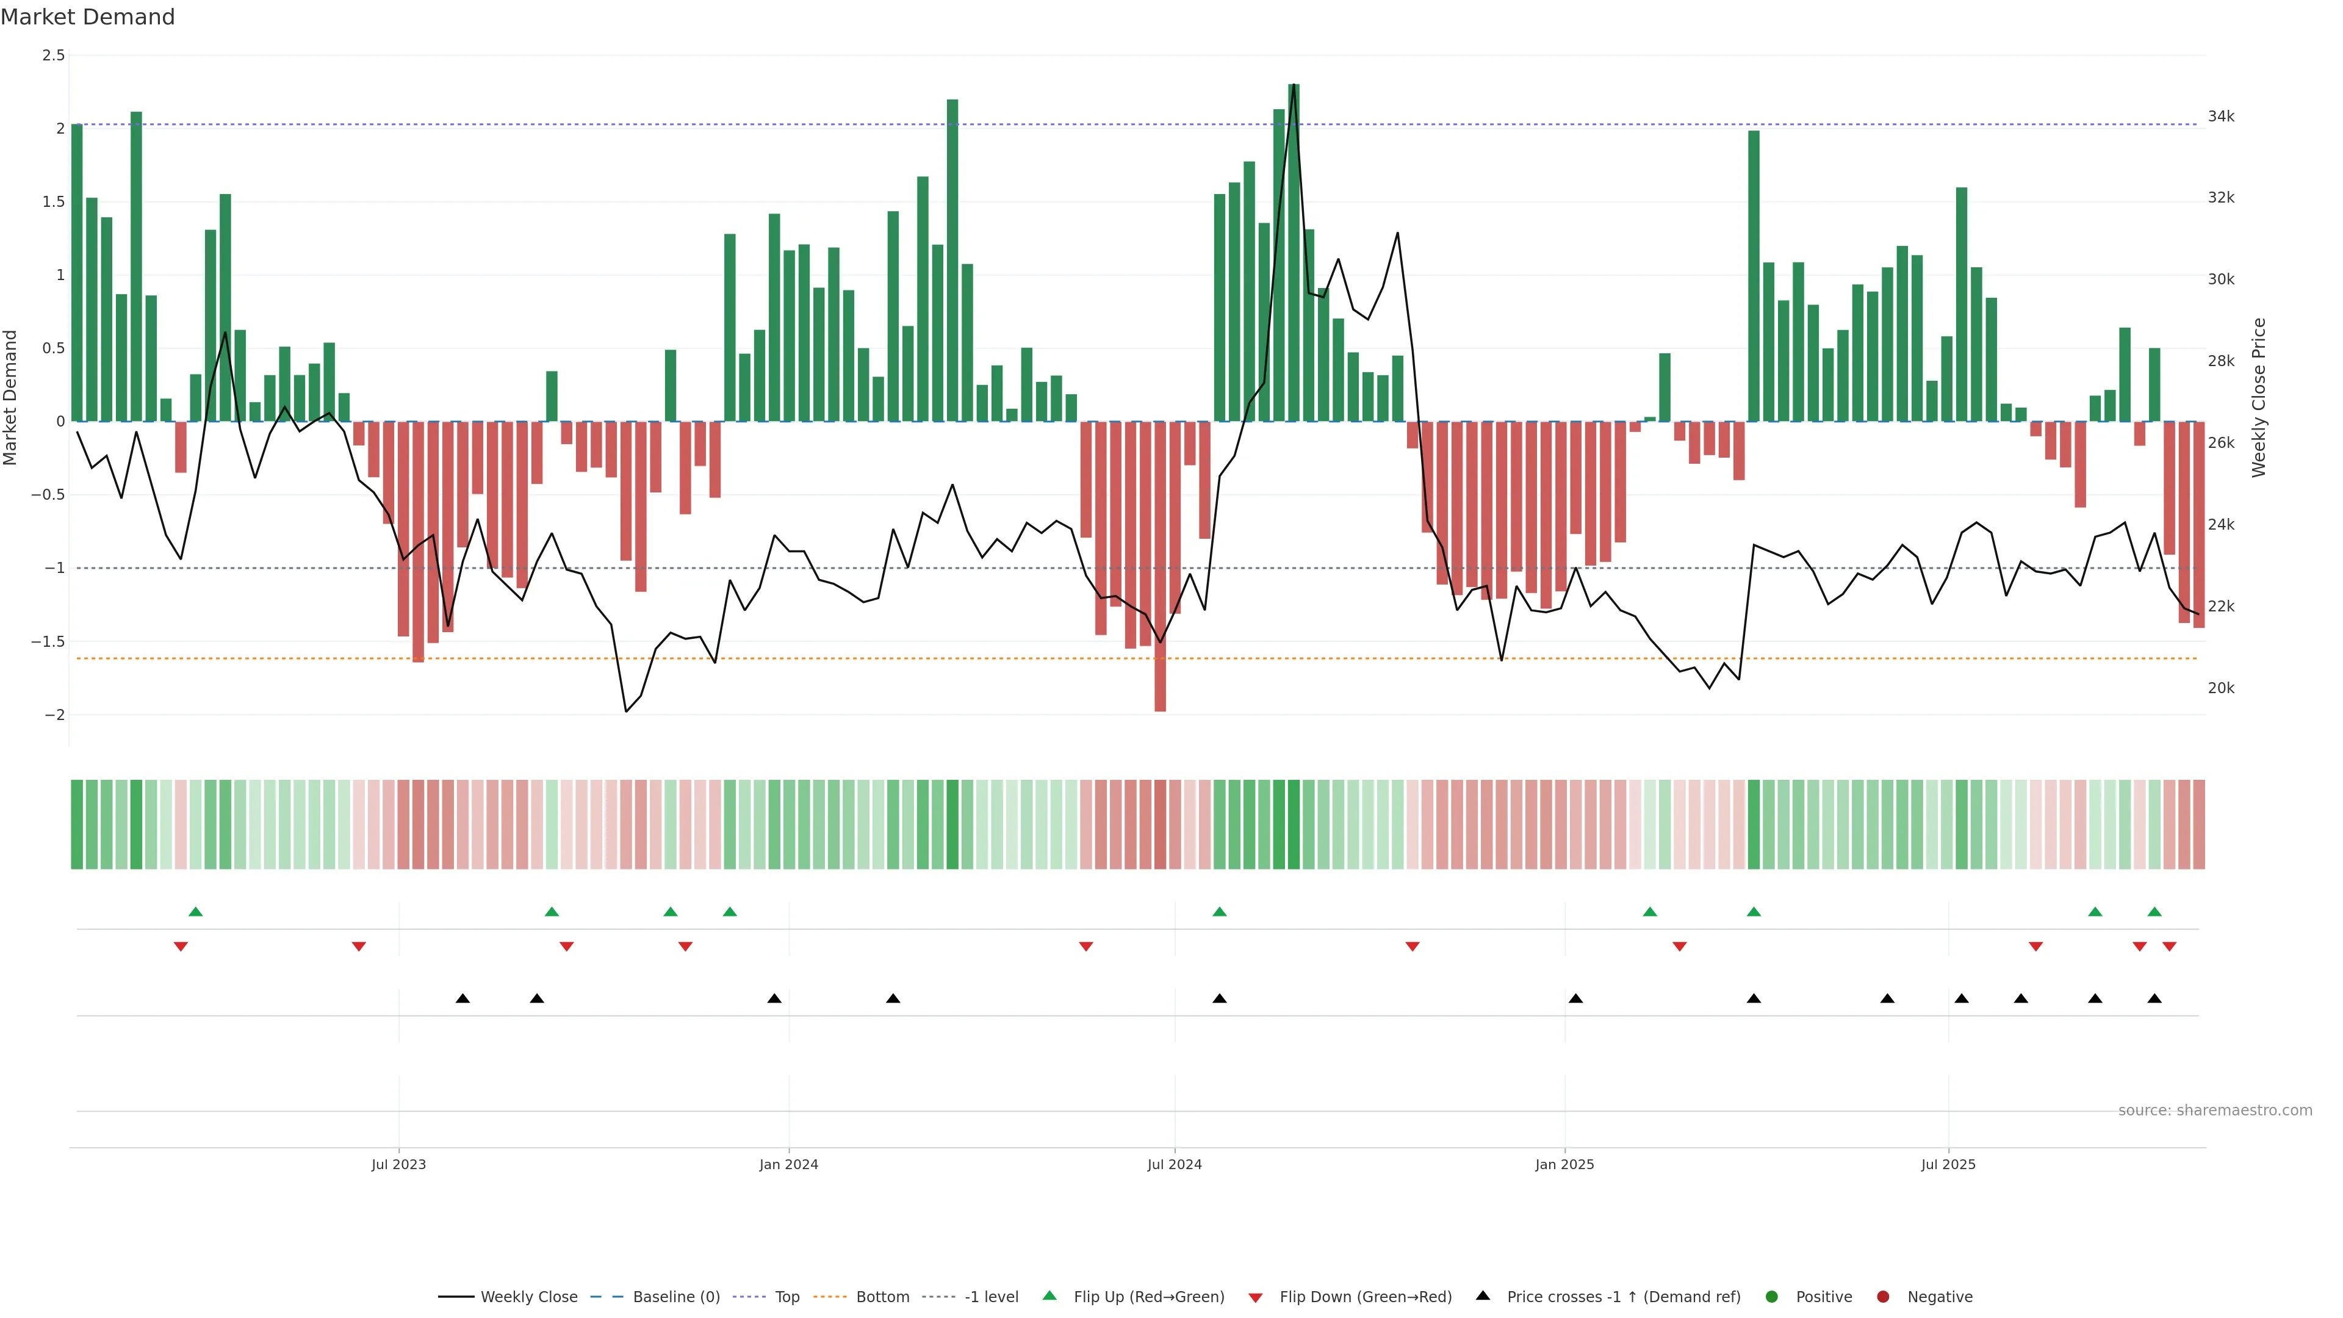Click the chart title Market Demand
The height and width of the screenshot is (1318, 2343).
87,17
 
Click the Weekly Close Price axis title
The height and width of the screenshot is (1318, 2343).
2259,397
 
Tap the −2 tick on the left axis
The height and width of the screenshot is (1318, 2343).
54,715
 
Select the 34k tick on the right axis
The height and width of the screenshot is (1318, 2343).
2221,117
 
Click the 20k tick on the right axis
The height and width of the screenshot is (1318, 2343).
2221,688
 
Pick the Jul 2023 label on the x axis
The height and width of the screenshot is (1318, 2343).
398,1164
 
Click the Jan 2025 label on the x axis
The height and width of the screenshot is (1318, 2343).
1564,1164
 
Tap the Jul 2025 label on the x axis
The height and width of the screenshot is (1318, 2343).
1948,1164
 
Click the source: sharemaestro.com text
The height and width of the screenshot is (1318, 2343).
2215,1111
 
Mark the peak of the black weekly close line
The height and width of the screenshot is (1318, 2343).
1294,85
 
